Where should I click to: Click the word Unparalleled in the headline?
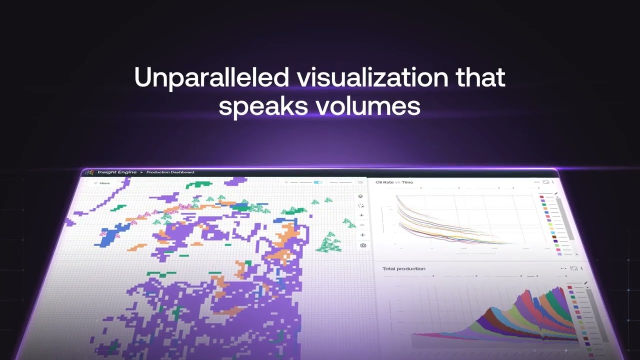[x=211, y=78]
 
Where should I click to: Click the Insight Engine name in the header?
[x=116, y=172]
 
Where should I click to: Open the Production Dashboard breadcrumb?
[x=170, y=172]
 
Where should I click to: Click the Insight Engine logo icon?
[x=89, y=172]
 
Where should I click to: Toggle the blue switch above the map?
[x=318, y=182]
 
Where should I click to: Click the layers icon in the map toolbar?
[x=361, y=196]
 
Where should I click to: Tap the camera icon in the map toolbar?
[x=363, y=245]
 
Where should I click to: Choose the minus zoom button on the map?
[x=362, y=225]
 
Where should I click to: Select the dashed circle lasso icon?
[x=361, y=205]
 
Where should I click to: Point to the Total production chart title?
[x=403, y=268]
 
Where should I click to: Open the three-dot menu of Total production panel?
[x=581, y=268]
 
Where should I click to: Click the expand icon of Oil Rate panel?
[x=546, y=182]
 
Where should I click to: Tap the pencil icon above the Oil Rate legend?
[x=556, y=192]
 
